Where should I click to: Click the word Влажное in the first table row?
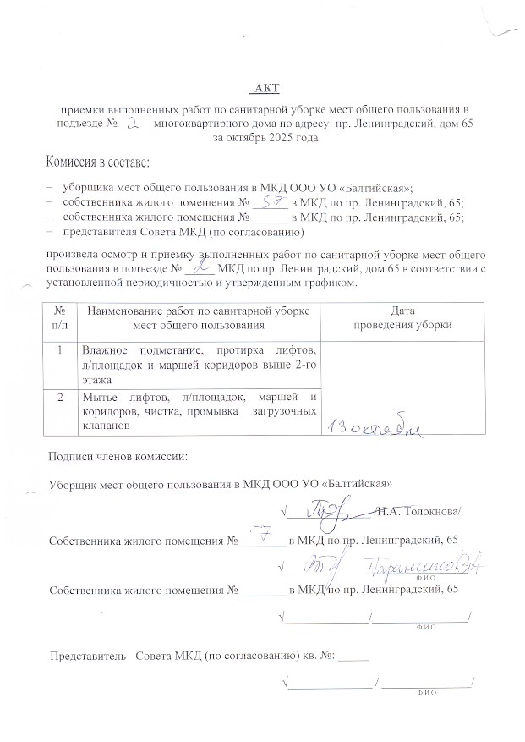(103, 350)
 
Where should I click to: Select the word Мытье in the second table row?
(98, 397)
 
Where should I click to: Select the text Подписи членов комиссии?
(118, 458)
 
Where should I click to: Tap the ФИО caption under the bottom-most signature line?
(424, 692)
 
